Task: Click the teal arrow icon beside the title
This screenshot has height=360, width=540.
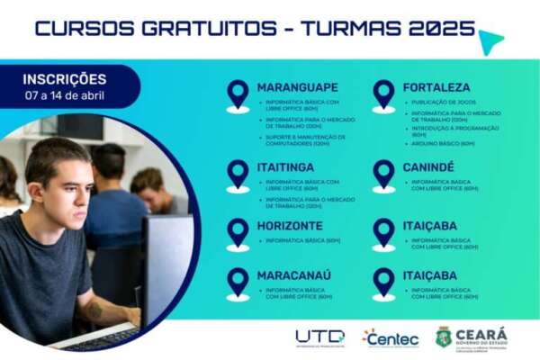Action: point(490,41)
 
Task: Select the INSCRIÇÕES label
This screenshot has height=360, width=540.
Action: point(64,79)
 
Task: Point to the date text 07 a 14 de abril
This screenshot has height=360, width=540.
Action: point(64,94)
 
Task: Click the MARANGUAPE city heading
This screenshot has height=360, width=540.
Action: point(298,87)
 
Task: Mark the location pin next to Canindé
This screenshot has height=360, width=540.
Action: point(383,175)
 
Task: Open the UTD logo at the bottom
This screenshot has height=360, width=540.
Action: point(319,337)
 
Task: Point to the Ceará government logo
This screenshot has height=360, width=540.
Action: point(472,337)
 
